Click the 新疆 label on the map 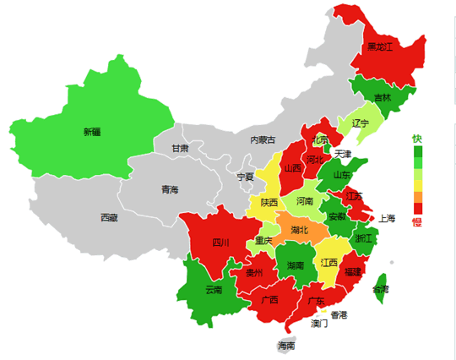click(91, 132)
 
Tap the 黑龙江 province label click(379, 46)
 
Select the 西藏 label click(109, 217)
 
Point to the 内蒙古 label click(263, 139)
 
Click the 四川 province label click(220, 243)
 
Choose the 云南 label click(214, 290)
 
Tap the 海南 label click(286, 346)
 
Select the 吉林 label click(383, 97)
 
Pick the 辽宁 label click(361, 123)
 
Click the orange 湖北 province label click(299, 229)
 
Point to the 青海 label click(170, 189)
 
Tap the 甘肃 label click(180, 148)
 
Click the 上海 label click(387, 217)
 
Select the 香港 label click(338, 315)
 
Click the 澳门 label click(319, 323)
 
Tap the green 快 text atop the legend click(416, 139)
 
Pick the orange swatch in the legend click(416, 197)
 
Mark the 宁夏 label click(245, 177)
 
